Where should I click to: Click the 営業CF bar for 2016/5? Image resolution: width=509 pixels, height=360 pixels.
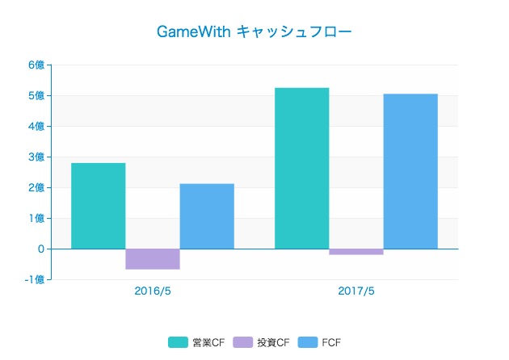click(x=99, y=206)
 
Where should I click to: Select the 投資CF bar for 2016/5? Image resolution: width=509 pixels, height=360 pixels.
click(x=153, y=258)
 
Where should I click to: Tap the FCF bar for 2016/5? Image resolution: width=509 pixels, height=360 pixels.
click(x=207, y=216)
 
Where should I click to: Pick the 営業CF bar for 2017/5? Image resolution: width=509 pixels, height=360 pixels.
click(x=302, y=168)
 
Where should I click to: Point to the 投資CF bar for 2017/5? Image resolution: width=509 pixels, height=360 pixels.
click(x=356, y=252)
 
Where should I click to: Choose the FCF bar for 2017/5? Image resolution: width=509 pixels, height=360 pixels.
click(x=410, y=171)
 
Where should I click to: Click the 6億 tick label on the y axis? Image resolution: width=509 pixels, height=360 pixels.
click(x=36, y=65)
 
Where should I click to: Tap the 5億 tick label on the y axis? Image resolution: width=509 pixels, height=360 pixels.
click(x=36, y=96)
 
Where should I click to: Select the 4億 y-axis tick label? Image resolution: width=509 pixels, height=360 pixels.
click(x=36, y=127)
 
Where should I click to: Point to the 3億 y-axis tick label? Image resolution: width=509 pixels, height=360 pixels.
click(x=36, y=157)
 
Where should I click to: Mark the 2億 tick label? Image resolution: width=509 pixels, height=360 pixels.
click(x=36, y=188)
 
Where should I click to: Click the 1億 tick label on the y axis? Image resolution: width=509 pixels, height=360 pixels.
click(x=36, y=219)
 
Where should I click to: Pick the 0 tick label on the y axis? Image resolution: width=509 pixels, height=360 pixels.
click(x=40, y=249)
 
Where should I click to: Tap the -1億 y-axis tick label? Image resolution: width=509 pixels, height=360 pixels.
click(x=34, y=280)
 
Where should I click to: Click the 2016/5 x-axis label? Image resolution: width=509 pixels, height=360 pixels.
click(x=153, y=291)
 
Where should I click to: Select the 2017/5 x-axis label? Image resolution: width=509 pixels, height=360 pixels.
click(x=356, y=291)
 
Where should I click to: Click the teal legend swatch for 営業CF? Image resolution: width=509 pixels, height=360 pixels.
click(x=178, y=342)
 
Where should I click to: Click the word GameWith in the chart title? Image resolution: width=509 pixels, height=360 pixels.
click(x=195, y=32)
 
